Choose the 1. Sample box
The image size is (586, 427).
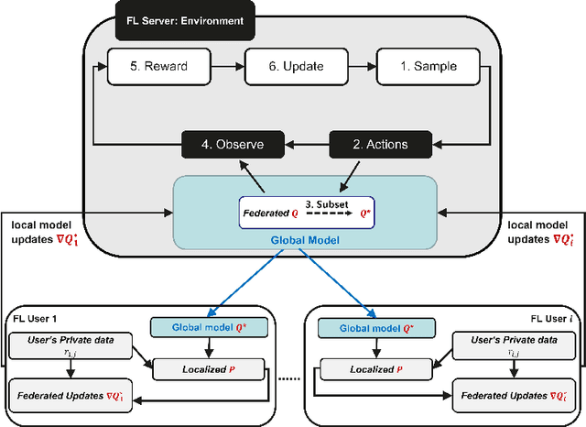pos(429,66)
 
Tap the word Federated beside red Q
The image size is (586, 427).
pos(266,213)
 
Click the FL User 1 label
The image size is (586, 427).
pos(35,318)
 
